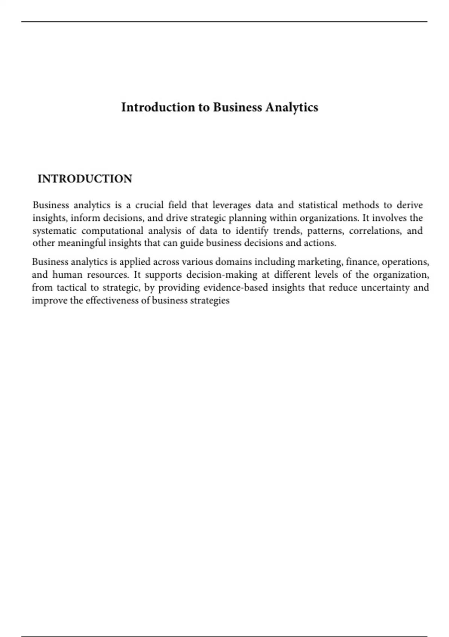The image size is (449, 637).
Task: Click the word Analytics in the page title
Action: pos(292,108)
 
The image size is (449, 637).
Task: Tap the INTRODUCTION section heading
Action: pos(85,179)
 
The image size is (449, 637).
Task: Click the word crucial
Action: pos(149,205)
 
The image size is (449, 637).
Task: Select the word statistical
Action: pos(318,205)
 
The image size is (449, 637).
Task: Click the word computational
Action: pos(112,231)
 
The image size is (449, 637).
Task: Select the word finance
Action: pos(362,262)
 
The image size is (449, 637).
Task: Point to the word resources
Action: pos(108,275)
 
